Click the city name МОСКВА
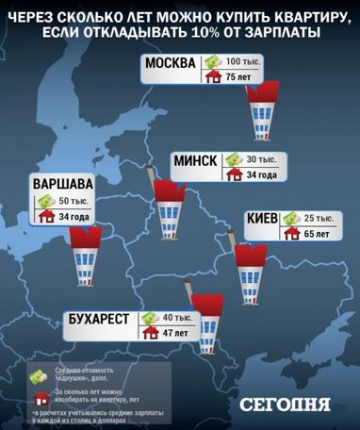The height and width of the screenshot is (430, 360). (171, 65)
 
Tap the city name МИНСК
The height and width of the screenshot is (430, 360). (195, 160)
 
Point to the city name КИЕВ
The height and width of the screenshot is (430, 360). (261, 219)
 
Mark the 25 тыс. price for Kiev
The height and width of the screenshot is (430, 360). (321, 216)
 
